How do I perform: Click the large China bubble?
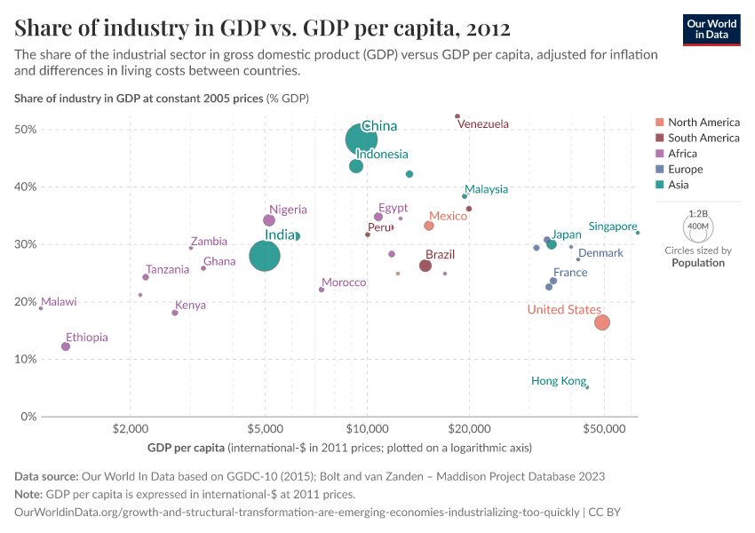pyautogui.click(x=362, y=139)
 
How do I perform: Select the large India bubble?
pyautogui.click(x=264, y=256)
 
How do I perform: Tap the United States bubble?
pyautogui.click(x=601, y=322)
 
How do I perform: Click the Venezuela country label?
pyautogui.click(x=483, y=124)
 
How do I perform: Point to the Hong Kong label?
pyautogui.click(x=558, y=381)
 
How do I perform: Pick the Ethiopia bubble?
pyautogui.click(x=66, y=346)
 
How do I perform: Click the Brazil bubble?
pyautogui.click(x=425, y=266)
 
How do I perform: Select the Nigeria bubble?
pyautogui.click(x=269, y=220)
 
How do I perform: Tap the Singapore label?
pyautogui.click(x=613, y=227)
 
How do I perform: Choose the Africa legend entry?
pyautogui.click(x=684, y=154)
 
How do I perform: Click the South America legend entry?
pyautogui.click(x=703, y=138)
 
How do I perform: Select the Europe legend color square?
pyautogui.click(x=659, y=170)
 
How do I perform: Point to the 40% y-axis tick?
pyautogui.click(x=26, y=187)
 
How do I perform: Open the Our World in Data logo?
pyautogui.click(x=711, y=29)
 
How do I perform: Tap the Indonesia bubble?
pyautogui.click(x=356, y=166)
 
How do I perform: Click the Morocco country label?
pyautogui.click(x=344, y=282)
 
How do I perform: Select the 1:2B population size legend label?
pyautogui.click(x=698, y=214)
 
